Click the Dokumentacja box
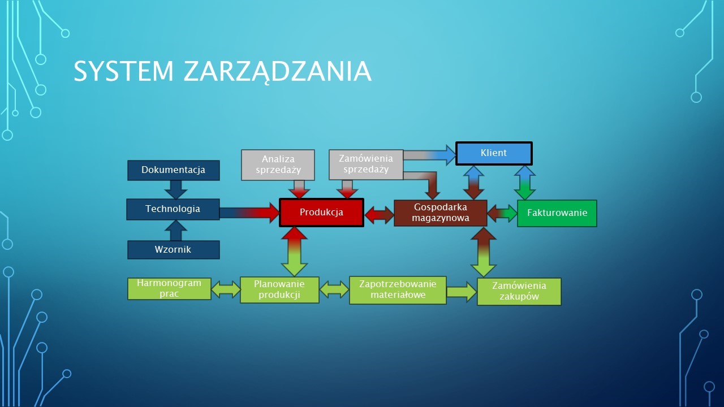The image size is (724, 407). point(174,170)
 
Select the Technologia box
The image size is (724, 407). point(173,209)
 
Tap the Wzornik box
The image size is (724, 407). point(174,250)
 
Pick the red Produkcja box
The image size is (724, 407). point(322,213)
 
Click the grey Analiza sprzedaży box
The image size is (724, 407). point(278,164)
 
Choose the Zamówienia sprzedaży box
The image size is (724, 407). point(366,164)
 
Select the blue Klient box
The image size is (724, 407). point(494,153)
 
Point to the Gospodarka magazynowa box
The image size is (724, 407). point(441,213)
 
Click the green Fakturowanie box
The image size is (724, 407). point(557,213)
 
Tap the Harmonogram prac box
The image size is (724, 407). point(169,289)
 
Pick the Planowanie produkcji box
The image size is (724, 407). point(279,290)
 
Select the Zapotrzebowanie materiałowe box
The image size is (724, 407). point(398,290)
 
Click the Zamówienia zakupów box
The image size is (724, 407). point(519,291)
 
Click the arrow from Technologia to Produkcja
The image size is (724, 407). point(249,213)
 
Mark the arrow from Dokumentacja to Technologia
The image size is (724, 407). point(176,189)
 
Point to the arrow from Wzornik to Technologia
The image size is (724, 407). point(176,230)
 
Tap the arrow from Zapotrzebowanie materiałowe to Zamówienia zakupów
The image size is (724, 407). point(462,292)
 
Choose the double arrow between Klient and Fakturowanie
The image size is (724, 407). point(525,183)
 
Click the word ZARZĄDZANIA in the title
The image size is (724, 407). point(278,71)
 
